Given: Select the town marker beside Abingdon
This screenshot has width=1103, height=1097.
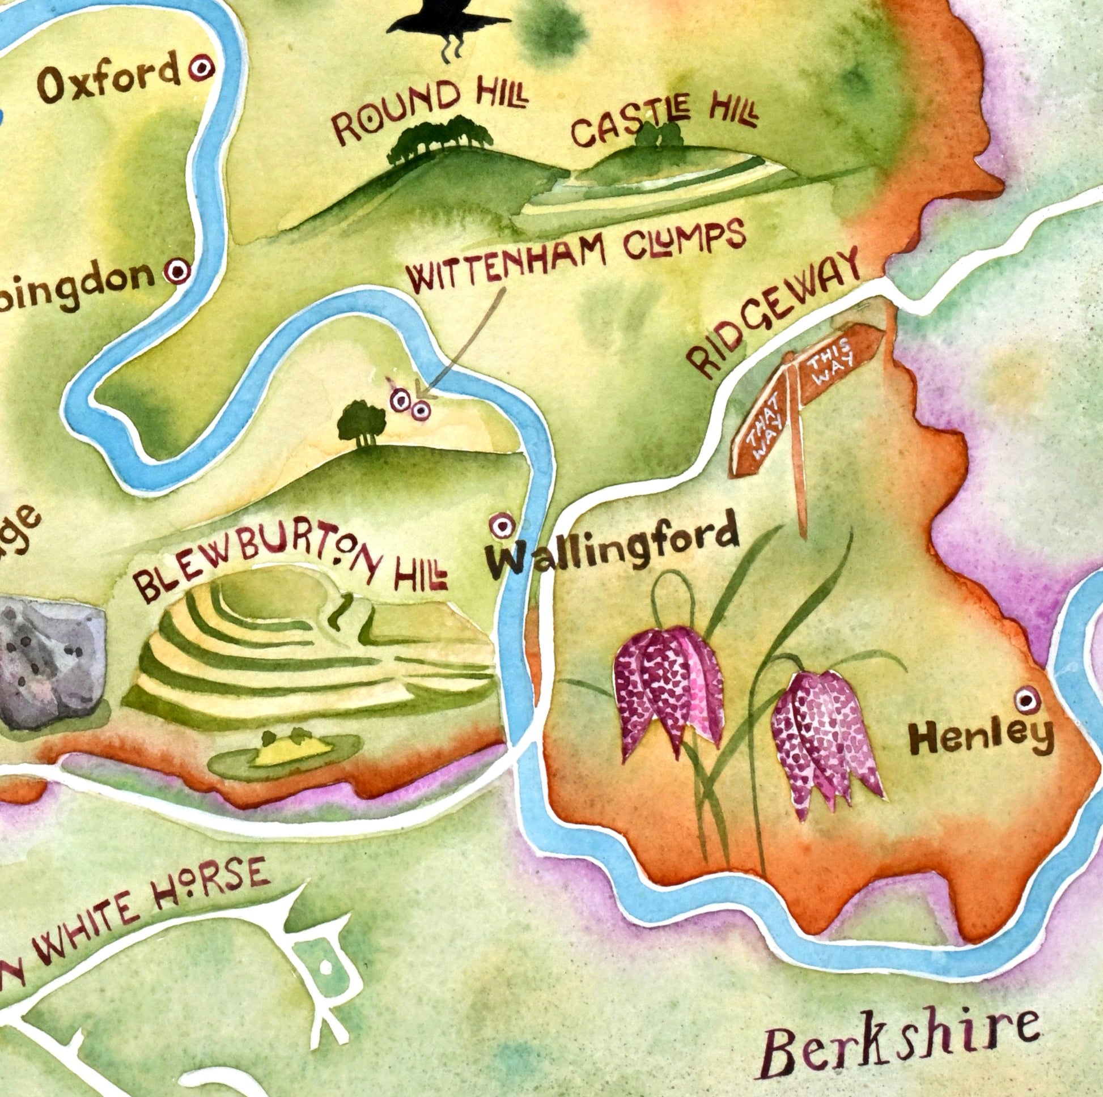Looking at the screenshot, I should click(177, 271).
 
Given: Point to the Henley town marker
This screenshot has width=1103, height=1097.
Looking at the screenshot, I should click(1026, 699).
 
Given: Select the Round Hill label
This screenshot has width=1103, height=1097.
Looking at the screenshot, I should click(428, 110).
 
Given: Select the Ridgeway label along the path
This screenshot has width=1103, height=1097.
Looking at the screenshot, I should click(774, 314).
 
